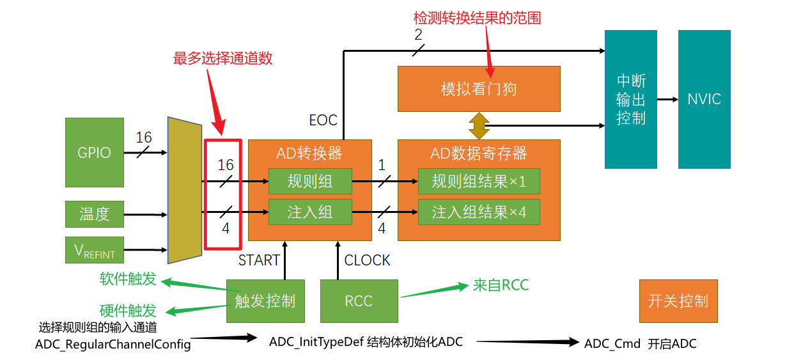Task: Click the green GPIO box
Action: click(x=95, y=152)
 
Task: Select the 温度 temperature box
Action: click(x=95, y=214)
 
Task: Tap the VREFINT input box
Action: click(x=95, y=250)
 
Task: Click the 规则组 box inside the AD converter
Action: click(x=310, y=182)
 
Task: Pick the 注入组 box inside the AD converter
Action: click(x=310, y=212)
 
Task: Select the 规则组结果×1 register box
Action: click(x=479, y=182)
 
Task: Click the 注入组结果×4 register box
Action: click(x=479, y=212)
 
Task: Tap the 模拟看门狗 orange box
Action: click(x=479, y=89)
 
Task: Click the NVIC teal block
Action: click(x=704, y=99)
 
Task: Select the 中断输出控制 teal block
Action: click(x=630, y=99)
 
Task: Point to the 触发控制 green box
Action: click(x=265, y=301)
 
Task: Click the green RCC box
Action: click(x=359, y=301)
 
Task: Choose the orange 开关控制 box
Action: click(x=678, y=301)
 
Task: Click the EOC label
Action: click(x=323, y=120)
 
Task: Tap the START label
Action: click(x=259, y=260)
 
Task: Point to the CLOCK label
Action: click(x=367, y=260)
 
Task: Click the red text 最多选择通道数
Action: click(x=222, y=58)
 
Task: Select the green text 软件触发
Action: click(x=128, y=279)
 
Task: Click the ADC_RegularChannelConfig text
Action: click(x=113, y=345)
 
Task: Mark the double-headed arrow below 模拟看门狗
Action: click(x=479, y=126)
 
